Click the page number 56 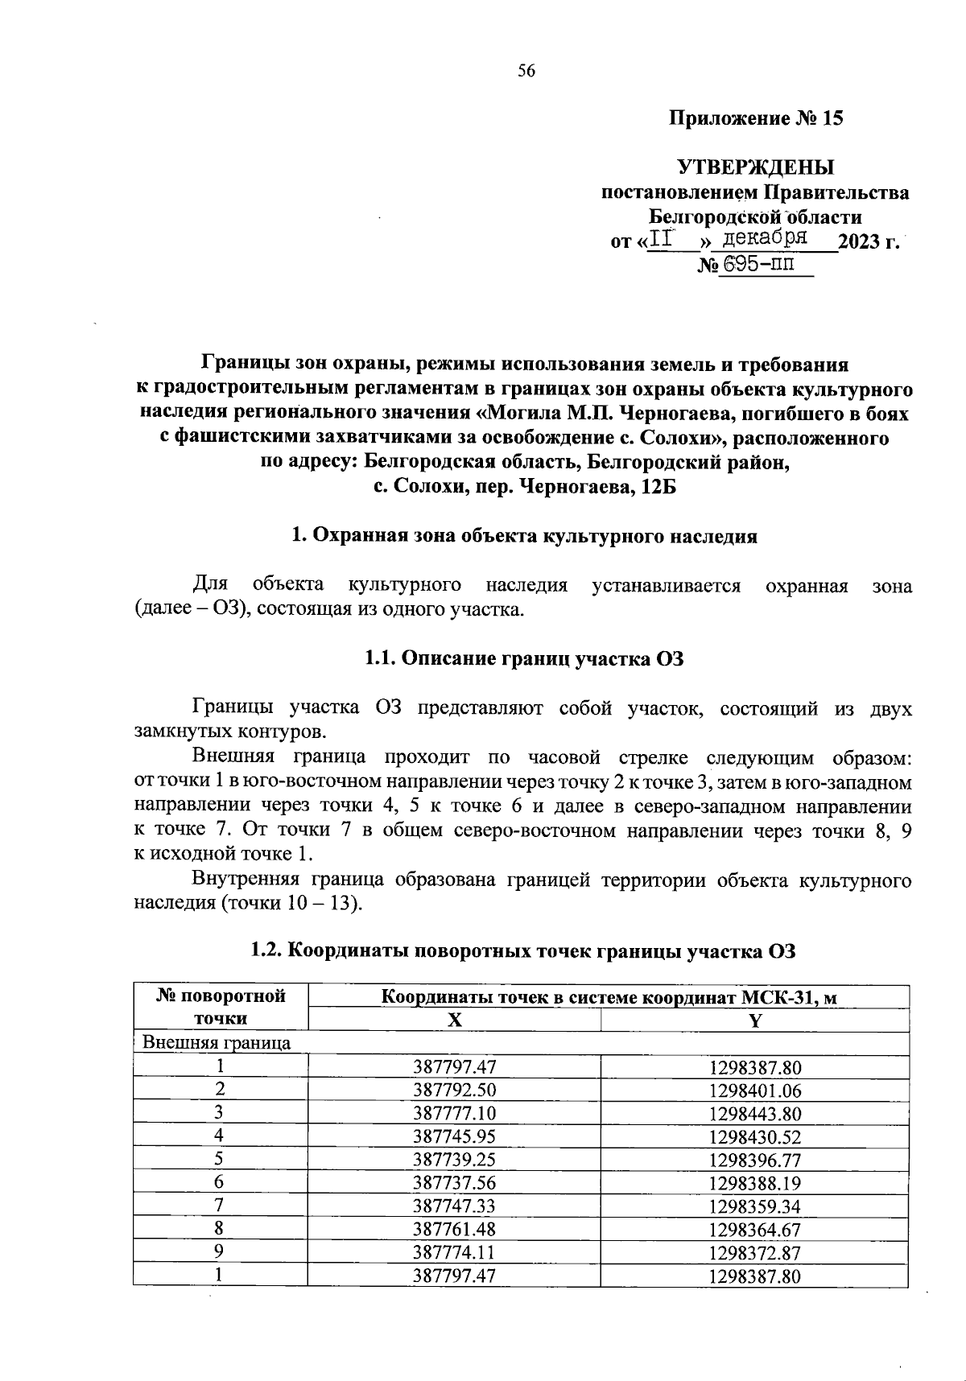526,71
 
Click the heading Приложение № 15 756,119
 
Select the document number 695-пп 756,265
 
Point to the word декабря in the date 765,238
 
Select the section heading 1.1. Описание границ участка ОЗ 523,658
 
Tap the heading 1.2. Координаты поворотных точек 523,951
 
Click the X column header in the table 455,1020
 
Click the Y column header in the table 754,1020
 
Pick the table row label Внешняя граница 217,1043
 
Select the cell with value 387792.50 455,1090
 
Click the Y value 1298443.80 754,1114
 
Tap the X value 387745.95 455,1136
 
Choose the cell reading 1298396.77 754,1160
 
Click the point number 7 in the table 218,1206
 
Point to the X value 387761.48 455,1229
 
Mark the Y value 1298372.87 754,1252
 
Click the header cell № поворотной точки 221,1007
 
